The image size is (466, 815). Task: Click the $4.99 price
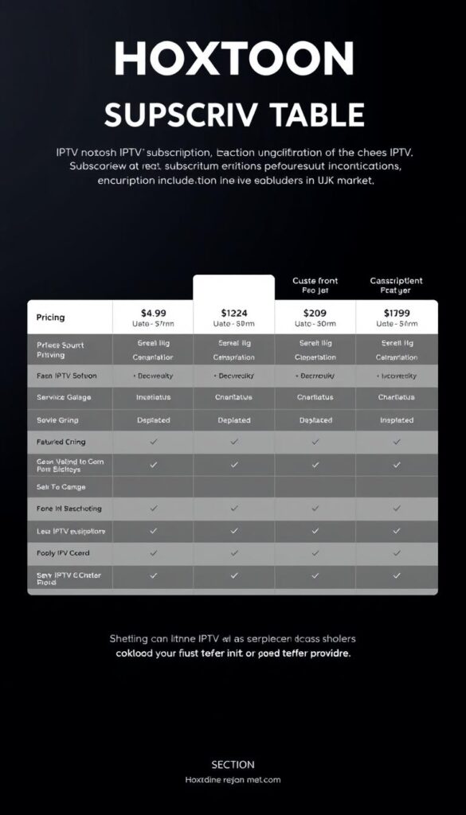coord(154,312)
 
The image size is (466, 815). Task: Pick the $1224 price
coord(234,312)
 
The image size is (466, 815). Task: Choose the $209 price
coord(315,312)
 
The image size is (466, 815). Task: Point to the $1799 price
coord(396,312)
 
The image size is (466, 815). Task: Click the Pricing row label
coord(51,318)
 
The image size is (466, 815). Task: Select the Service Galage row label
coord(64,397)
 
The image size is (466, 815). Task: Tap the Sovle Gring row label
coord(57,419)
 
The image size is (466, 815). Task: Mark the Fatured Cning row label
coord(61,442)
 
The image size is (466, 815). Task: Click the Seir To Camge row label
coord(61,486)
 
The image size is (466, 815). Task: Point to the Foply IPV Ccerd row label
coord(63,552)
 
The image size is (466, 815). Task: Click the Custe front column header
coord(315,281)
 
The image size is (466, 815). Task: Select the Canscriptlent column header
coord(396,281)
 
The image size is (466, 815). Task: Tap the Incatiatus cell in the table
coord(154,397)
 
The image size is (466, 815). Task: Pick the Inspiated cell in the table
coord(396,419)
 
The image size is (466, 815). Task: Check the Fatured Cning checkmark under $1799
coord(396,442)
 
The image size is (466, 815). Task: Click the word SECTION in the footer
coord(233,764)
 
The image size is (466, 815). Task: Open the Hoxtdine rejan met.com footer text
coord(233,780)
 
